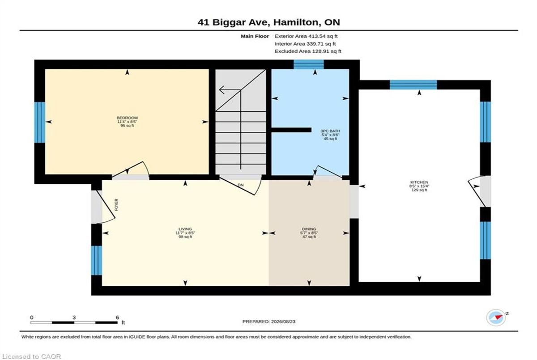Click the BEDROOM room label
coord(127,118)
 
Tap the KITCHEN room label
coord(419,182)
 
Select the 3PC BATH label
coord(330,131)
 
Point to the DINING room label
coord(309,229)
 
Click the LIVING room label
coord(185,229)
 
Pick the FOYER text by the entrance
coord(116,204)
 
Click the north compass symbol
coord(496,318)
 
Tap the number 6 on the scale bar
coord(117,318)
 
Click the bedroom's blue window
coord(40,123)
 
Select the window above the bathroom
coord(309,64)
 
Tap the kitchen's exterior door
coord(479,191)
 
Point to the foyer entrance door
coord(103,207)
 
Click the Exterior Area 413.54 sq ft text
coord(306,36)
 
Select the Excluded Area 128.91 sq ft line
coord(308,51)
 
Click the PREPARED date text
coord(269,322)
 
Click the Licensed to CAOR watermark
coord(31,356)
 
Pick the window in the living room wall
coord(96,260)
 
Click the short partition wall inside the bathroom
coord(291,130)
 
